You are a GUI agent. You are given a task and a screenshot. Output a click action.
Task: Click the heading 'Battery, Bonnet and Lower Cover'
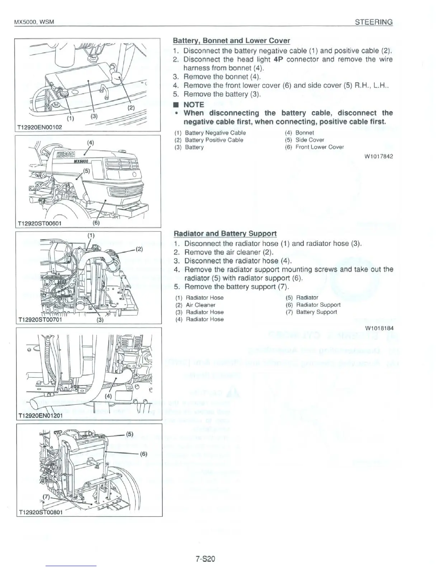(x=231, y=41)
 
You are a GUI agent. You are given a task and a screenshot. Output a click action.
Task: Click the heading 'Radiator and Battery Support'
(x=225, y=233)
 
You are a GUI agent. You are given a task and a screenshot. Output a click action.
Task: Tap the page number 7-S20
(x=205, y=559)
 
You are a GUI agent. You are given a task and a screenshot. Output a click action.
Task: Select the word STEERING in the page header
(x=374, y=22)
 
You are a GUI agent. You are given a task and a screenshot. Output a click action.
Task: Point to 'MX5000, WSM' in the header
(x=34, y=22)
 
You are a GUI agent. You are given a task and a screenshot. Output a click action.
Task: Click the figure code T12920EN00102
(x=40, y=127)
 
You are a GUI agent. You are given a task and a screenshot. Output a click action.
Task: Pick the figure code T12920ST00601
(x=40, y=223)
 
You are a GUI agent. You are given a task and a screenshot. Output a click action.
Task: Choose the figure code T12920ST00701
(x=40, y=320)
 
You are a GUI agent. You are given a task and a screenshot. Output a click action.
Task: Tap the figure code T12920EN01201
(x=40, y=416)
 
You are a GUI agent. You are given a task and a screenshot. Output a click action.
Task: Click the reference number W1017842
(x=379, y=156)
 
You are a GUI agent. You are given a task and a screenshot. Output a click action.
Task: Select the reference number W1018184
(x=379, y=328)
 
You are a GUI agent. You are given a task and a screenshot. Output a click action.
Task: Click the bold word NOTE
(x=194, y=105)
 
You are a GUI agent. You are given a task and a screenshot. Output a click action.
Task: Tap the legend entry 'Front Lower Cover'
(x=320, y=147)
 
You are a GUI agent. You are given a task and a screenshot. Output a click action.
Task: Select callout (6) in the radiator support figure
(x=143, y=453)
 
